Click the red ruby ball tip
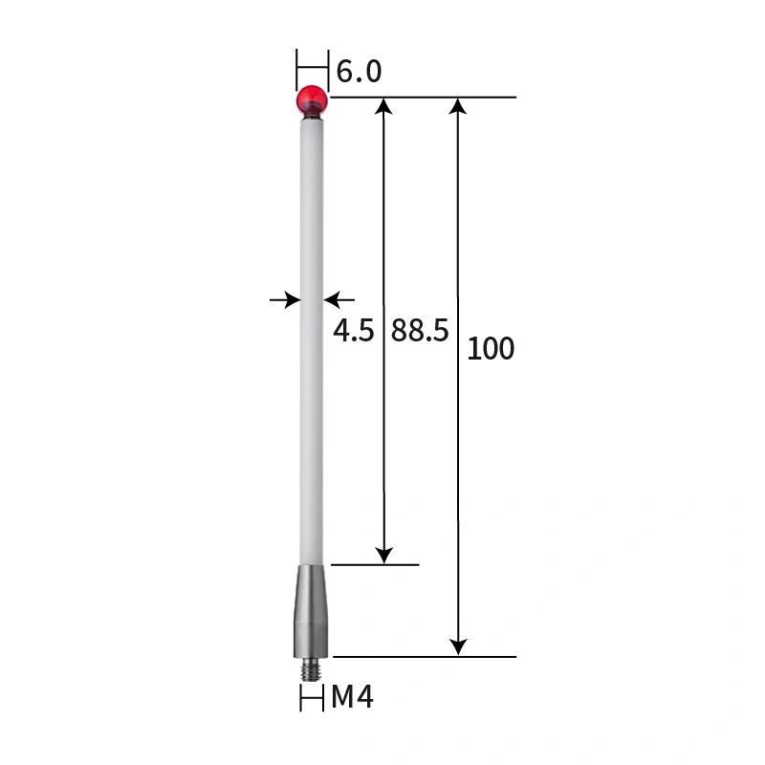click(312, 98)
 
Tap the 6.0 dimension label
click(360, 72)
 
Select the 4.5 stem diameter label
click(353, 332)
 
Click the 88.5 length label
click(420, 332)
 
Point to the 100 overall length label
click(491, 349)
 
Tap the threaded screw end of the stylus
click(312, 667)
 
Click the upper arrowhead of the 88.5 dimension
click(383, 106)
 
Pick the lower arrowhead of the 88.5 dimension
click(383, 555)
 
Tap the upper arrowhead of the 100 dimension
click(459, 106)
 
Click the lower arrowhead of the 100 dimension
click(459, 647)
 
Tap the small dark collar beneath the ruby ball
click(312, 117)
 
